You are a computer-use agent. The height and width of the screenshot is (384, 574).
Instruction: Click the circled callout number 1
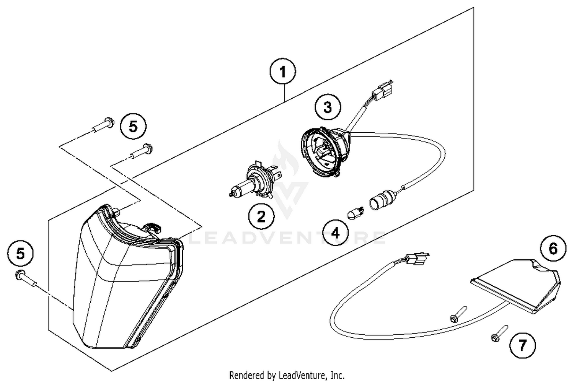pos(282,72)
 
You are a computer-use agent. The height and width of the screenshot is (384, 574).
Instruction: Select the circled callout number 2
pos(261,217)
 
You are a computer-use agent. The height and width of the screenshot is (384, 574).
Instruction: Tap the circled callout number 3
pos(328,107)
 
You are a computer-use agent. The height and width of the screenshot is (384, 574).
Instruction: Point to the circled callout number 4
pos(335,233)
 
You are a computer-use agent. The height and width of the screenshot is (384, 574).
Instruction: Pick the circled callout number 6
pos(553,249)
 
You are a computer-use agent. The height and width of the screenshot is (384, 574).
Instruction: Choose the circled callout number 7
pos(522,345)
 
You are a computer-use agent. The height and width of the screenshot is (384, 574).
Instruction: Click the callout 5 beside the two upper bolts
pos(133,126)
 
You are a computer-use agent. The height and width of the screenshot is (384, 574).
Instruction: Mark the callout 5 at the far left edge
pos(21,254)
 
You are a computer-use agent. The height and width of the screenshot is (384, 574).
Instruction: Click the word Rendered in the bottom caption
pos(245,375)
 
